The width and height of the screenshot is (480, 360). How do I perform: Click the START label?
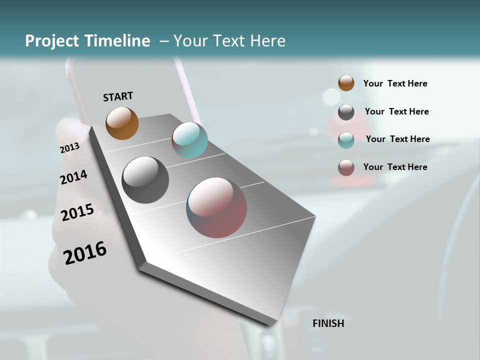coord(118,96)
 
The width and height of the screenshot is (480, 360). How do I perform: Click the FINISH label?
coord(328,323)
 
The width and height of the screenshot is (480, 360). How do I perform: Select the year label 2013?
coord(69,148)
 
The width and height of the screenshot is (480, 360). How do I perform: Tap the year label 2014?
coord(73,177)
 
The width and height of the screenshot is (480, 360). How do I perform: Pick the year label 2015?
coord(77,212)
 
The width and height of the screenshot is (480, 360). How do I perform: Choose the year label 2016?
coord(85,253)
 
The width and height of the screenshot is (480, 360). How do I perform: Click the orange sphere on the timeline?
coord(122,123)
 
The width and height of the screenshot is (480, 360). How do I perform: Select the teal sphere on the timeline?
coord(189,140)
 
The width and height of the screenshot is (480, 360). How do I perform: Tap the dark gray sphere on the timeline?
coord(145,180)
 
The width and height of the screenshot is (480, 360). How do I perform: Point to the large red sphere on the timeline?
coord(216,207)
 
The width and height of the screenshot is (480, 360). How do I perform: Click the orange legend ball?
coord(346,83)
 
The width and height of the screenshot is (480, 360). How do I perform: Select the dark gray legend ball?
coord(346,112)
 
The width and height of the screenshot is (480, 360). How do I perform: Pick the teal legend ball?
coord(346,140)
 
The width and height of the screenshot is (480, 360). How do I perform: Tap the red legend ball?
coord(346,167)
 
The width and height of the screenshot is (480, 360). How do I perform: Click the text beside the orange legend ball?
coord(395,83)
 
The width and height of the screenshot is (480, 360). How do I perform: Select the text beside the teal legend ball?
coord(397,139)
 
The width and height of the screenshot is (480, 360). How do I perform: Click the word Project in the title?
coord(52,41)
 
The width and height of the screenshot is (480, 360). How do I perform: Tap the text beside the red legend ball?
coord(395,167)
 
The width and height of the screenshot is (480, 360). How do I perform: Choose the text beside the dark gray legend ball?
coord(396,111)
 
